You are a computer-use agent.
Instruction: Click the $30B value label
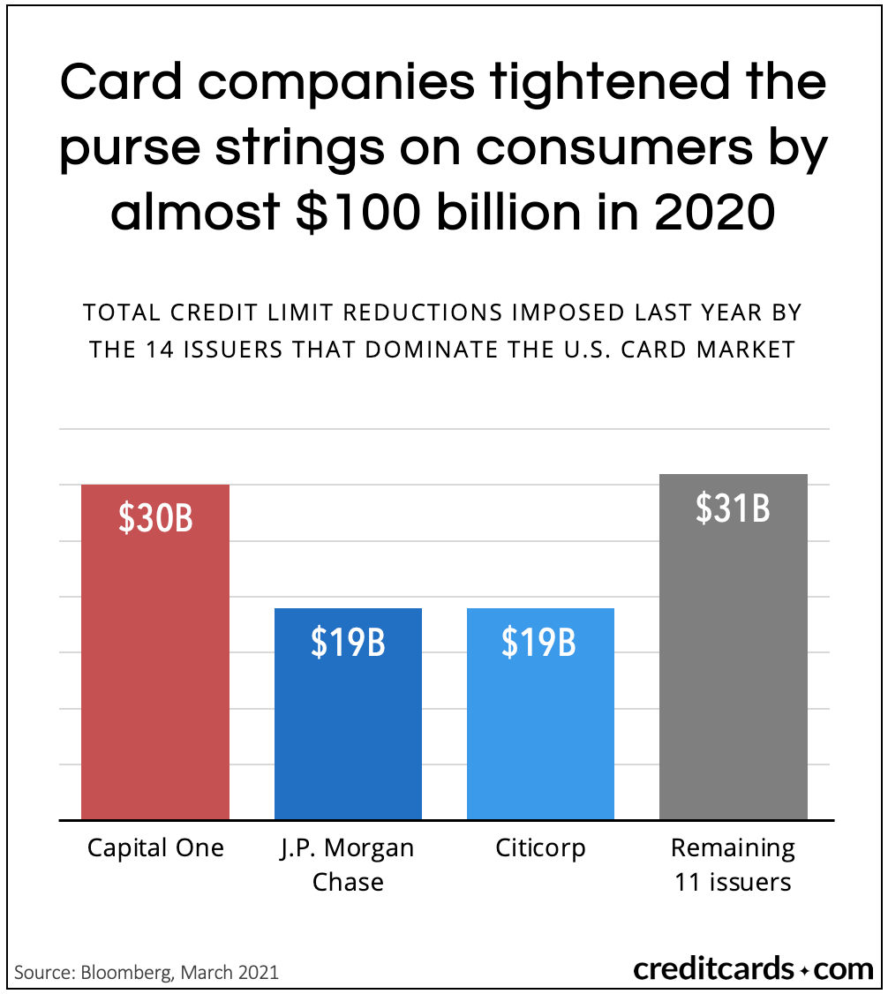tap(155, 519)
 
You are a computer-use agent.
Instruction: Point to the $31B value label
tap(733, 508)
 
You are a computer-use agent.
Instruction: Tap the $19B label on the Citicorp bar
tap(539, 643)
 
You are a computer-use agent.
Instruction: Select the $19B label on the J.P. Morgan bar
tap(348, 643)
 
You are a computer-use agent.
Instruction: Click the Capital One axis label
tap(155, 848)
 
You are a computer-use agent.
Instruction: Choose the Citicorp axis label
tap(539, 848)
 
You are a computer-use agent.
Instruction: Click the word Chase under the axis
tap(348, 882)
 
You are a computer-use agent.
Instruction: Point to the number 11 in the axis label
tap(687, 882)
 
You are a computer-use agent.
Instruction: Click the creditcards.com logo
tap(753, 969)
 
